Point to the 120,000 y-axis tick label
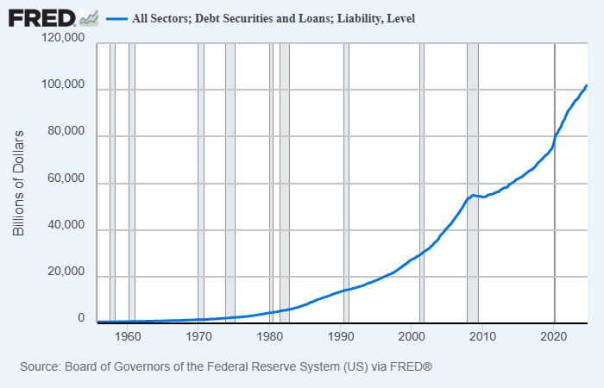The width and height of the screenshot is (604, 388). coord(62,40)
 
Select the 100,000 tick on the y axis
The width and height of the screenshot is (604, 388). coord(62,86)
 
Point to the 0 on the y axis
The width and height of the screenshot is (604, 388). coord(81,319)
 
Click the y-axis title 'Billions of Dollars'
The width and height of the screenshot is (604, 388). coord(18,184)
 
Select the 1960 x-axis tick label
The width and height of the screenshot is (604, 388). coord(128,336)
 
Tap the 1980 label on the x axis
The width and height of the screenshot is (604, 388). coord(271,336)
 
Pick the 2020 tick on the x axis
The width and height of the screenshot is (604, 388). coord(554,336)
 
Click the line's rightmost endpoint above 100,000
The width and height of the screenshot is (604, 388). coord(587,85)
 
